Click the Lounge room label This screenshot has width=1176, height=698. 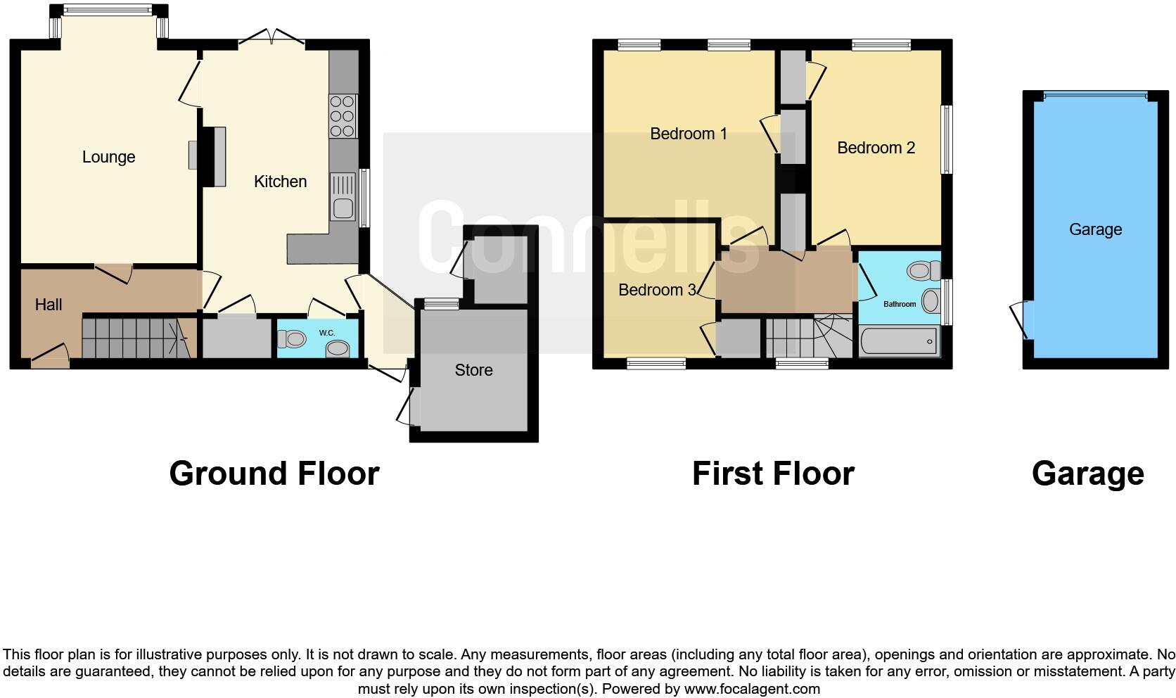click(108, 157)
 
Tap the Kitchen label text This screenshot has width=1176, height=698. click(280, 182)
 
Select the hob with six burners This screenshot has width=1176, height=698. click(343, 116)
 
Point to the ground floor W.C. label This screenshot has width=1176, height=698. click(326, 333)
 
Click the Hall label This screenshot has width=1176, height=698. click(49, 305)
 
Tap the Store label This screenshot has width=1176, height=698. click(473, 370)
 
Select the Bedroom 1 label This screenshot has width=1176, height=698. click(688, 134)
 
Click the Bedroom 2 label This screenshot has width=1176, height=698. click(876, 148)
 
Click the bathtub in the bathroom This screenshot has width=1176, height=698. click(898, 341)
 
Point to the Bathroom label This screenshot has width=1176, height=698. click(900, 304)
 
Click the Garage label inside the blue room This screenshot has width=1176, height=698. click(1095, 229)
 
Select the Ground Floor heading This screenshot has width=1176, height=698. click(274, 474)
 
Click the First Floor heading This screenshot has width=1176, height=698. click(773, 474)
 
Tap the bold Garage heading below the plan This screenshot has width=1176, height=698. click(1087, 474)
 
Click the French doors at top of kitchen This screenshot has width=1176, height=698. click(271, 37)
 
